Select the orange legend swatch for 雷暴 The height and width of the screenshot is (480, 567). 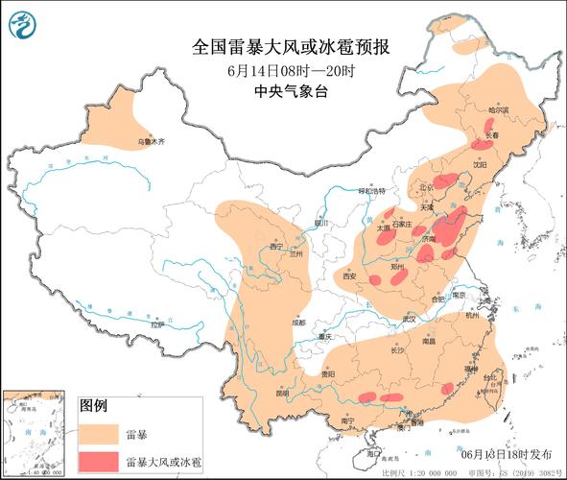pos(98,433)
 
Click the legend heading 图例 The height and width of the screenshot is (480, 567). pos(92,405)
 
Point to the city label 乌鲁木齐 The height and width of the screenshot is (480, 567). pos(149,141)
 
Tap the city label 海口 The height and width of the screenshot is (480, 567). pos(372,451)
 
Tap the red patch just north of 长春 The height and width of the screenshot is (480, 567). pos(489,125)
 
